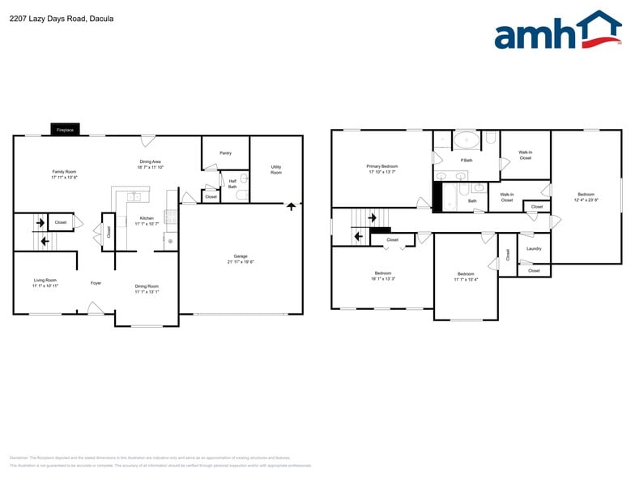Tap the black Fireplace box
(x=65, y=130)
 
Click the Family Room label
(x=64, y=171)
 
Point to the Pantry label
(x=225, y=153)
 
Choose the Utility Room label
(x=276, y=170)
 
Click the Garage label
(x=239, y=256)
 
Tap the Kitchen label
(x=147, y=217)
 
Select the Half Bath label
(x=232, y=183)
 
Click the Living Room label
(x=45, y=280)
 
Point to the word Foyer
(x=96, y=283)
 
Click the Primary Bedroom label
(x=382, y=165)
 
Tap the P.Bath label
(x=466, y=160)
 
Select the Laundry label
(x=534, y=248)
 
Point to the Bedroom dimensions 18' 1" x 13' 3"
(x=383, y=278)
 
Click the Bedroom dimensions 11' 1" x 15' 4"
(x=466, y=279)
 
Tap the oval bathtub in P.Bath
(x=466, y=141)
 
